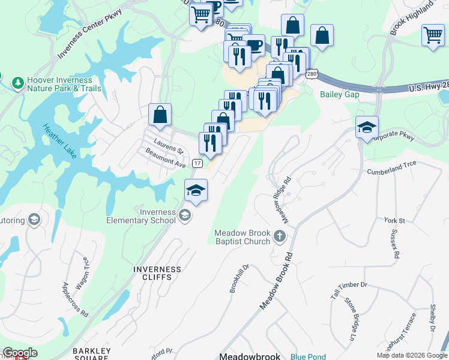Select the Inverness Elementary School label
(141, 216)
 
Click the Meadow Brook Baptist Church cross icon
(280, 235)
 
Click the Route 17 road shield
(197, 163)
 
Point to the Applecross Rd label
(76, 298)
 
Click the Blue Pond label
(308, 357)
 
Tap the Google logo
(20, 353)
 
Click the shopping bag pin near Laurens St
(160, 115)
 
